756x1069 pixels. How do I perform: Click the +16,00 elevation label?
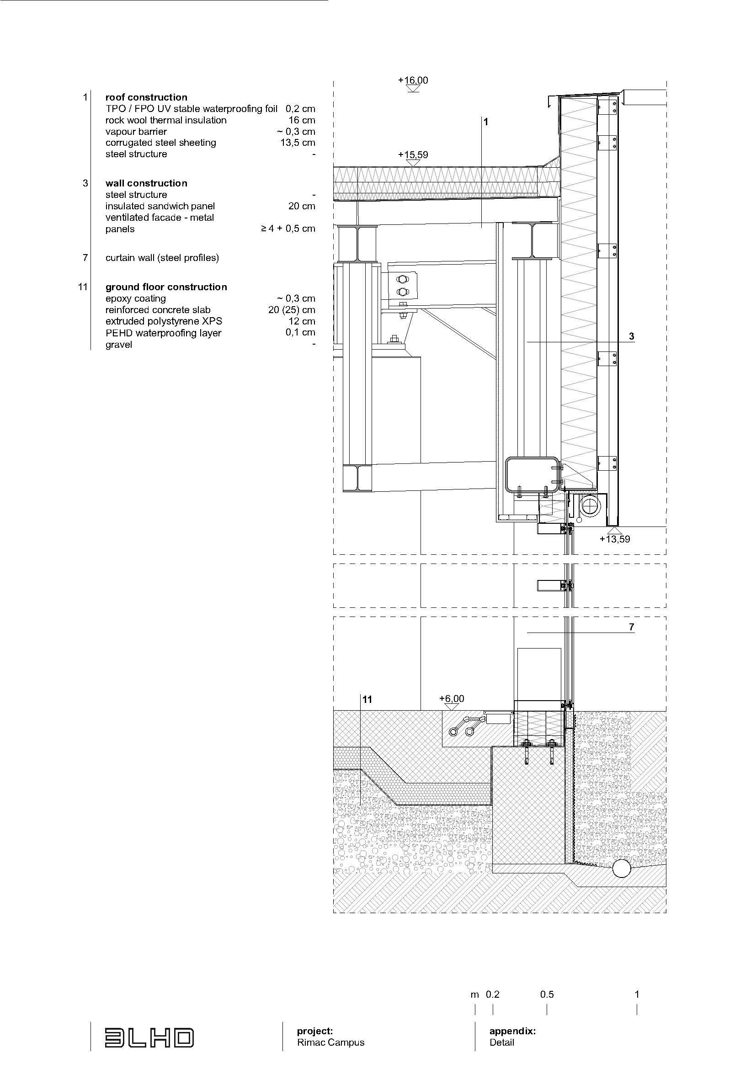pyautogui.click(x=413, y=80)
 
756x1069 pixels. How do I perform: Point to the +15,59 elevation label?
pyautogui.click(x=413, y=154)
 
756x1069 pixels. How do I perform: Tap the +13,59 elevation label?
pyautogui.click(x=614, y=539)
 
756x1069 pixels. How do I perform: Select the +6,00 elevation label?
pyautogui.click(x=452, y=698)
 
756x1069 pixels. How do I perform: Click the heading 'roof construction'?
pyautogui.click(x=146, y=97)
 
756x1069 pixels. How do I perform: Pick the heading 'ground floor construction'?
pyautogui.click(x=166, y=287)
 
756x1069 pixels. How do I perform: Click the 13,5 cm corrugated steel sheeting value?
pyautogui.click(x=298, y=143)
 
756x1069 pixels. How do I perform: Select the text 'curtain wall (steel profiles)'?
pyautogui.click(x=162, y=257)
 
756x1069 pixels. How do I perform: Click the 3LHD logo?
pyautogui.click(x=149, y=1038)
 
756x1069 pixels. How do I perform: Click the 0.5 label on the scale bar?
pyautogui.click(x=547, y=995)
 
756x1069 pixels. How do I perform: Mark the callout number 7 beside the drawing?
pyautogui.click(x=631, y=627)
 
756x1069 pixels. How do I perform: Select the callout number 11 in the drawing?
pyautogui.click(x=367, y=699)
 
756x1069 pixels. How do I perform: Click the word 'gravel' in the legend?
pyautogui.click(x=119, y=345)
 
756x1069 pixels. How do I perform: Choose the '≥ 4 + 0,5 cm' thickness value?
pyautogui.click(x=287, y=229)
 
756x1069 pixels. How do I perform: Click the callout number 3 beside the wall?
pyautogui.click(x=631, y=336)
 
